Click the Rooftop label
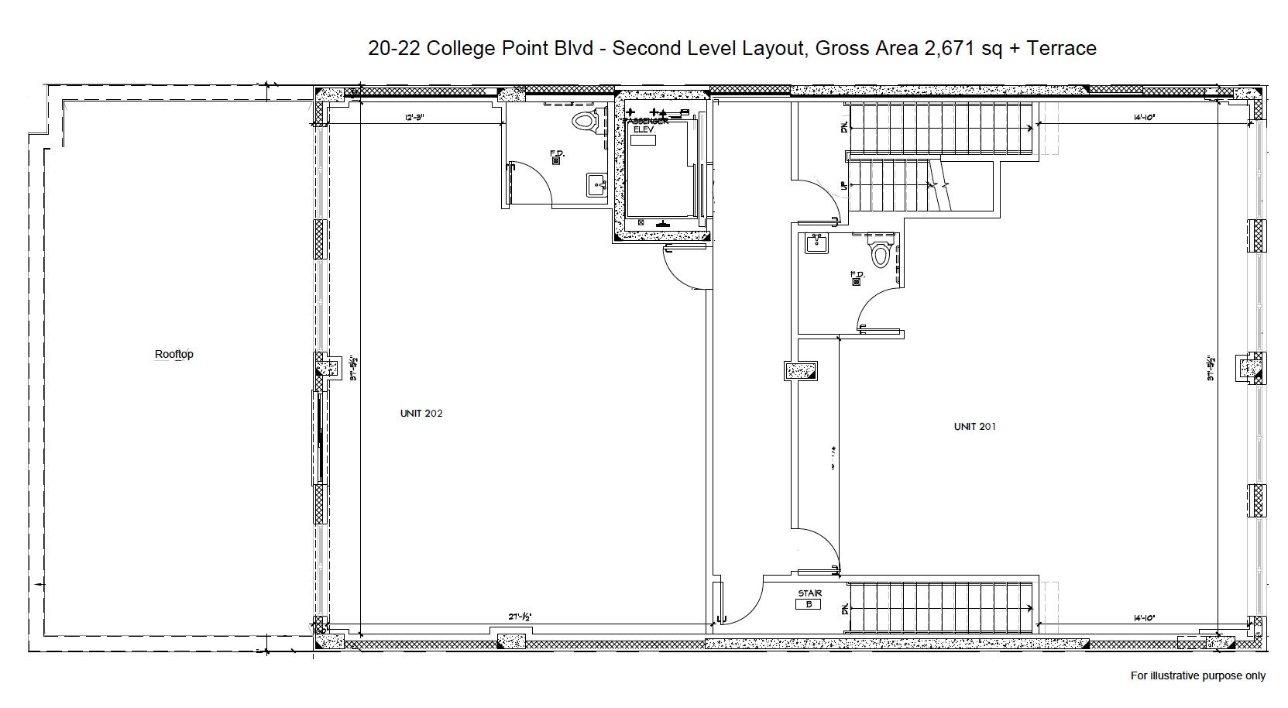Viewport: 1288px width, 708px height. (x=174, y=354)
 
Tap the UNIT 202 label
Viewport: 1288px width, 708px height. (x=421, y=414)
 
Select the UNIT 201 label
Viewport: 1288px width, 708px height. (x=974, y=427)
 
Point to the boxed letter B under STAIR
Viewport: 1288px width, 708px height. (x=808, y=604)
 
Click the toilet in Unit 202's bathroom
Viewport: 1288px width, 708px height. (x=586, y=121)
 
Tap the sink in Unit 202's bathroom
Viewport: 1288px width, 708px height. (x=596, y=185)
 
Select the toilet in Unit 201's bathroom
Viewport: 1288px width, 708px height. (x=880, y=252)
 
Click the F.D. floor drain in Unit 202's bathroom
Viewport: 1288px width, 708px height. (x=556, y=160)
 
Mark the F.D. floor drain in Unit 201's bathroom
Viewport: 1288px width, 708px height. (x=856, y=281)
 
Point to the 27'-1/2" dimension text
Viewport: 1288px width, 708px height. (x=520, y=617)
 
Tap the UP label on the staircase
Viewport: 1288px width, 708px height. (x=843, y=186)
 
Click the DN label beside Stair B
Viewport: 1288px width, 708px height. (x=843, y=610)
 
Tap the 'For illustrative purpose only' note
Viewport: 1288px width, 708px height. (x=1197, y=675)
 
